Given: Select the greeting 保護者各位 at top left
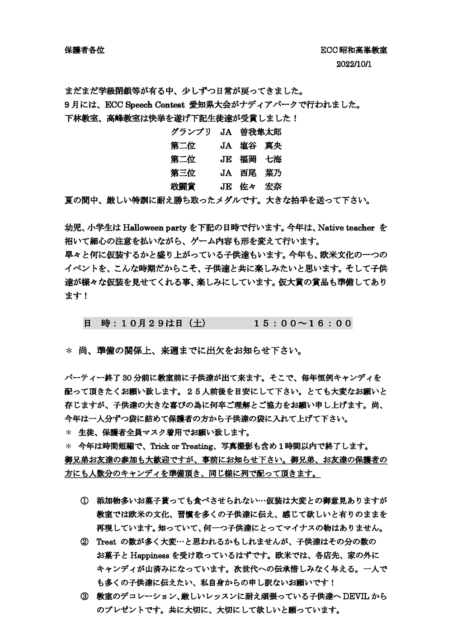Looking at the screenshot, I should point(85,50).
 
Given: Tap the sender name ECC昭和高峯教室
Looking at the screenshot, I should point(353,50).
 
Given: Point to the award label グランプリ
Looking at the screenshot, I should point(191,132).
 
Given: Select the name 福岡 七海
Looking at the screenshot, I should point(261,159).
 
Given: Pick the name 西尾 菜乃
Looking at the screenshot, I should point(261,173).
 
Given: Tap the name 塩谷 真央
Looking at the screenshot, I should point(261,146).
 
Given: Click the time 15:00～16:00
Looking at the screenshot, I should point(302,323).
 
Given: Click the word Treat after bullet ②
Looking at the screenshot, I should point(106,541).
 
